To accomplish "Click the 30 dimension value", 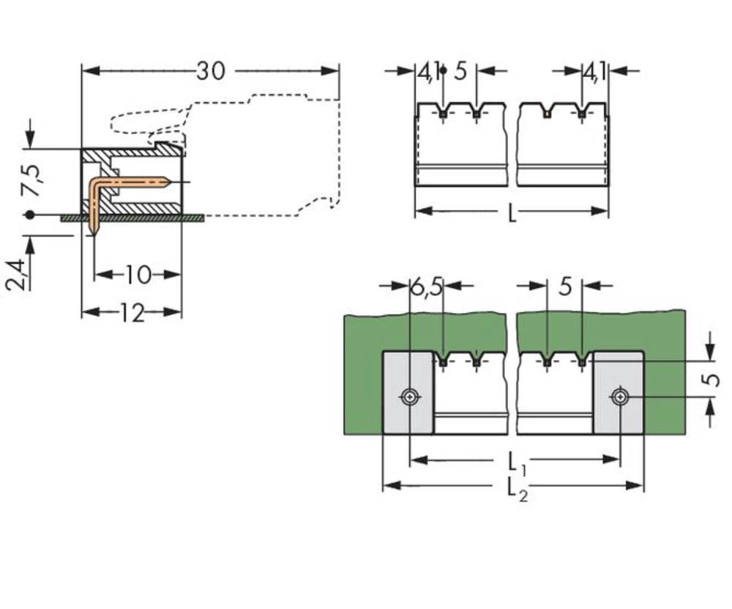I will click(211, 71).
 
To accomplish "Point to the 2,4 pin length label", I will click(17, 275).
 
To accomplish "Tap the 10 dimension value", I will click(137, 275).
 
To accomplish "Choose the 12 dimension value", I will click(131, 313).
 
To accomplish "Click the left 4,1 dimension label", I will click(429, 72).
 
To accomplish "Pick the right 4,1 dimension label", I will click(594, 72).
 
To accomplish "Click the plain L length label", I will click(512, 214).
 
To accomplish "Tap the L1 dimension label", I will click(516, 462).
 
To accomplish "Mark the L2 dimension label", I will click(518, 489).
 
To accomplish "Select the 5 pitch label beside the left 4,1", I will click(460, 72).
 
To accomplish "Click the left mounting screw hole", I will click(409, 397).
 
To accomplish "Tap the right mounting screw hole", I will click(621, 397).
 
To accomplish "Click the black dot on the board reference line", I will click(29, 215).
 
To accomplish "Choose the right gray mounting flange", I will click(619, 392).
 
